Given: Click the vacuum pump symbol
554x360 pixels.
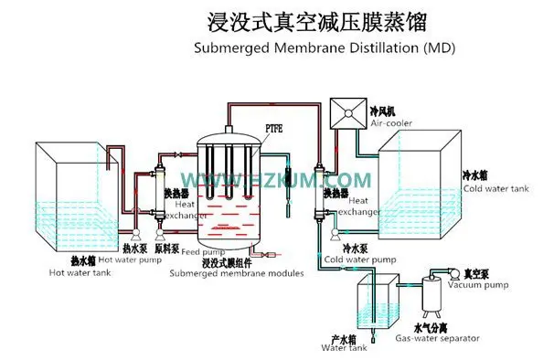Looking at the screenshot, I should point(448,271).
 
